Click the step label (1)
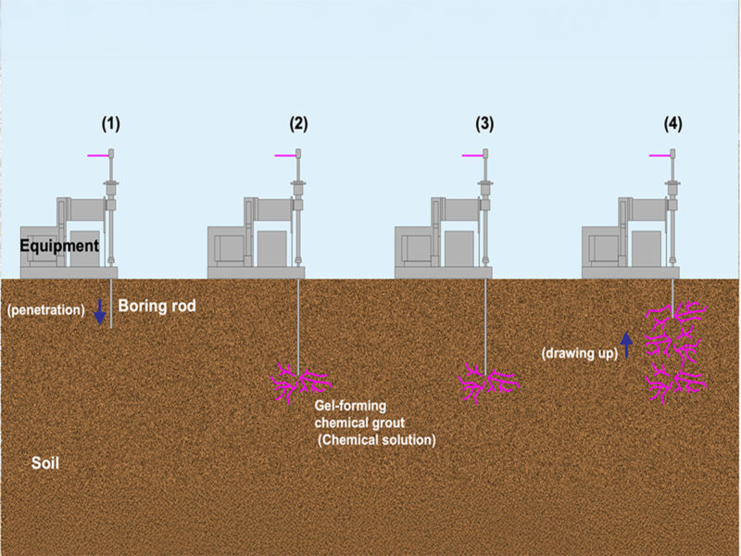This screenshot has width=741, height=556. click(x=111, y=123)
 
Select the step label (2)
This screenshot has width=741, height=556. click(x=298, y=123)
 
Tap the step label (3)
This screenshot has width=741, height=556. click(x=485, y=123)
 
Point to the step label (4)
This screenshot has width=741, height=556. click(x=672, y=123)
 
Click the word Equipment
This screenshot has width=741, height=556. click(x=59, y=246)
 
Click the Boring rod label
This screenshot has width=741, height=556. click(x=157, y=306)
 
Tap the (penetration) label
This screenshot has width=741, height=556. click(x=45, y=307)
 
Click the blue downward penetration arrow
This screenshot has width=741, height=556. click(x=100, y=311)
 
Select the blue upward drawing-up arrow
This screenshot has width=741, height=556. click(x=626, y=345)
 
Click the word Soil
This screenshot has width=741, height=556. click(x=45, y=461)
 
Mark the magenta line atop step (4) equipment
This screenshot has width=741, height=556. click(x=659, y=156)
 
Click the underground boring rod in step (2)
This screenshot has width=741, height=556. click(x=298, y=320)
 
